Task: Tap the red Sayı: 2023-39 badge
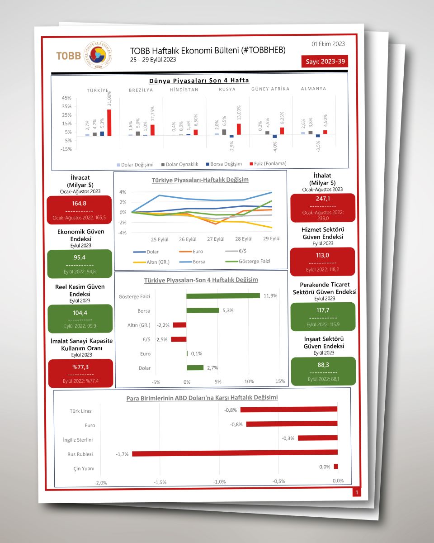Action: point(324,61)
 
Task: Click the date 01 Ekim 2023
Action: point(328,44)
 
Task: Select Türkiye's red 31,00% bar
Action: point(109,122)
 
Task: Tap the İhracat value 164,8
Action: point(79,203)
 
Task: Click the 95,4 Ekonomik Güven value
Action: point(80,257)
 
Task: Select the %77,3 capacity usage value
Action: point(80,367)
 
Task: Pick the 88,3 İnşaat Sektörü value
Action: point(323,364)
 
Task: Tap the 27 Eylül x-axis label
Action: point(216,239)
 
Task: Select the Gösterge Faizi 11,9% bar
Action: point(223,296)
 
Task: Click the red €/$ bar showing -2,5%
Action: point(179,339)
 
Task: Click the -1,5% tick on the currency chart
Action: point(160,482)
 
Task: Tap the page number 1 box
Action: point(357,492)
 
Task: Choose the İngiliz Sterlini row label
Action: point(78,439)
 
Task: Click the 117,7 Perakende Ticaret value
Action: point(322,310)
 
